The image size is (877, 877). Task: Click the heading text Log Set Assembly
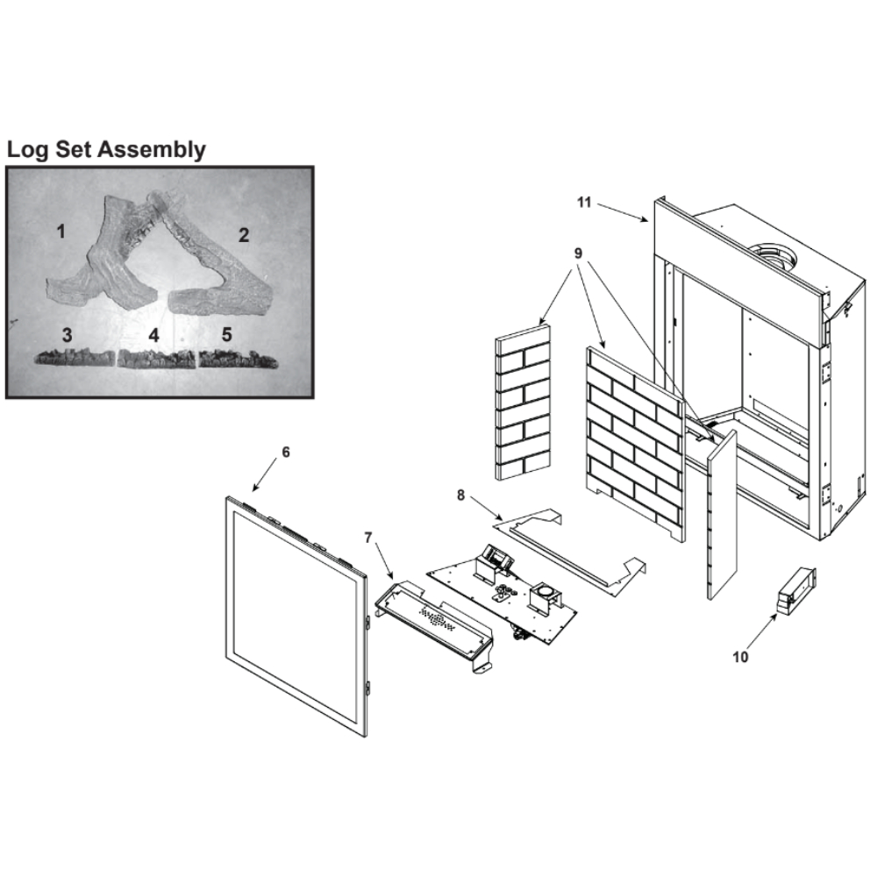[x=106, y=149]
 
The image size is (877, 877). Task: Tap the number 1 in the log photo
[x=61, y=231]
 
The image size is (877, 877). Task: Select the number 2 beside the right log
[x=243, y=235]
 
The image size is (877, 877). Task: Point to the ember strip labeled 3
[x=75, y=357]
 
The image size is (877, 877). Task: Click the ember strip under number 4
[x=157, y=359]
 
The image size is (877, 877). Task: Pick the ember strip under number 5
[x=239, y=359]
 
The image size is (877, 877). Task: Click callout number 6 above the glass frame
[x=286, y=452]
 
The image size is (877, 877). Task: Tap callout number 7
[x=367, y=538]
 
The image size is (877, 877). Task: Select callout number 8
[x=461, y=496]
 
